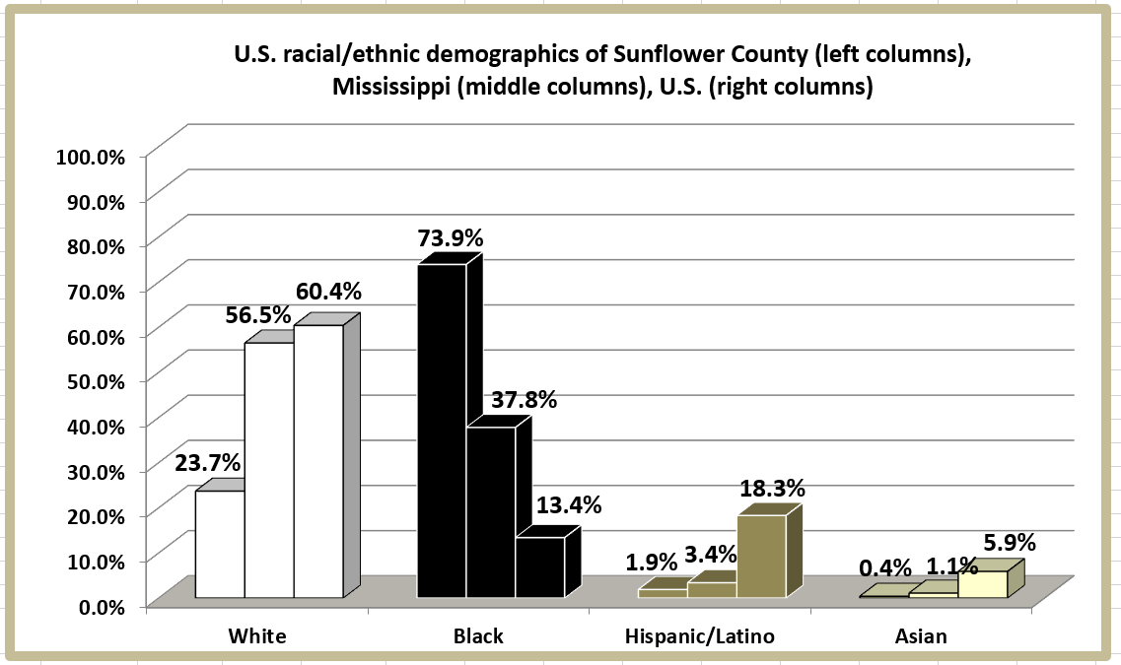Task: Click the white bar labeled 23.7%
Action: (x=219, y=544)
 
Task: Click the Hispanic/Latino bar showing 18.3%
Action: (x=761, y=556)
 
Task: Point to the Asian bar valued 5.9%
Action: (x=982, y=584)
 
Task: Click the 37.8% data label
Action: (x=524, y=400)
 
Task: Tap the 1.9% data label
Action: (x=652, y=563)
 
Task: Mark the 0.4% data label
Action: (x=884, y=568)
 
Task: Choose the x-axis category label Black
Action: (x=478, y=635)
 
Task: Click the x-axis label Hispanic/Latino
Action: (x=700, y=635)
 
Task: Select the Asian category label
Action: (x=921, y=635)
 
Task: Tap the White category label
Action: (x=256, y=635)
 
